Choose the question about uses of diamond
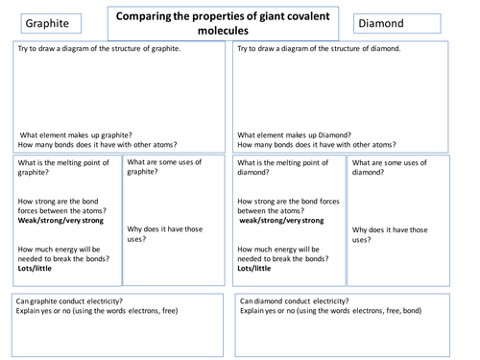tap(390, 168)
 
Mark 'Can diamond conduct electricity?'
tap(295, 301)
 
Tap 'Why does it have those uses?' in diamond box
tap(390, 234)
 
